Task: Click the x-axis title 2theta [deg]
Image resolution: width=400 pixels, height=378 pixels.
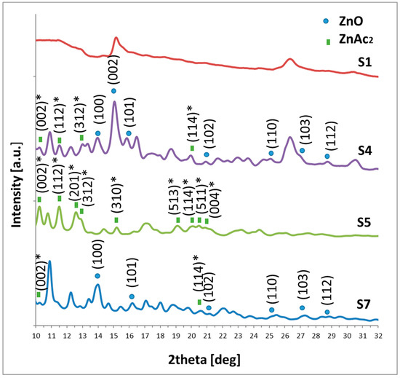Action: (x=208, y=360)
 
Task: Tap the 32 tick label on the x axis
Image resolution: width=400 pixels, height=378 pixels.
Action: (x=377, y=337)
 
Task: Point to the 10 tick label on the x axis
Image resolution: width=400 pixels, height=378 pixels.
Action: (x=36, y=337)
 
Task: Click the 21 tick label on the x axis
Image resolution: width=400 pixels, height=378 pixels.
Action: (x=207, y=337)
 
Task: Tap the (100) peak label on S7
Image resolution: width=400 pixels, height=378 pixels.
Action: (x=97, y=255)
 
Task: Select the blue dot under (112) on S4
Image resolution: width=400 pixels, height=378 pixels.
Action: (x=327, y=156)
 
